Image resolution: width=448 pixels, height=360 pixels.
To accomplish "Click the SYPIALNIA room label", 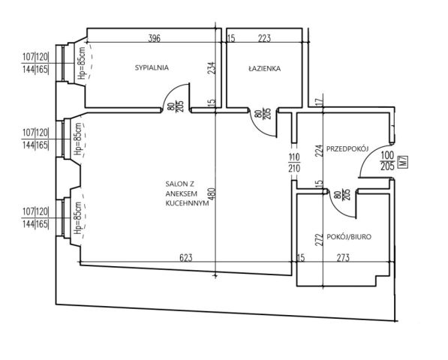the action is coord(152,67).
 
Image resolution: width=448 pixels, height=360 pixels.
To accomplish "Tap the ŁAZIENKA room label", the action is coord(265,68).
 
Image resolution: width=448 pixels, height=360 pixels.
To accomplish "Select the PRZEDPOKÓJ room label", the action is coord(347,148).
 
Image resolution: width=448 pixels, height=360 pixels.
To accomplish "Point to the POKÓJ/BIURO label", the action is coord(349,237).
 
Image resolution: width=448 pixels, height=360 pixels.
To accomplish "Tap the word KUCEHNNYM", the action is coord(187,203).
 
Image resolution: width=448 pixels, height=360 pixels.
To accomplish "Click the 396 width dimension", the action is coord(155,38).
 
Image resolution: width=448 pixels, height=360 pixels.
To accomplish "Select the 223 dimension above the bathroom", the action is coord(264,38).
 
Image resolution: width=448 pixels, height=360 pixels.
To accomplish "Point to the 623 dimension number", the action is coord(186,258).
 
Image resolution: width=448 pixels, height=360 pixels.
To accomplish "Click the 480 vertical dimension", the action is coord(212,193).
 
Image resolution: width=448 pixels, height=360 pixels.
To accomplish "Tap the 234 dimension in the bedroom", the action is coord(212,68).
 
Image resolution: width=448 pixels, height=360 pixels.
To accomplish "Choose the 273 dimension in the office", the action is coord(343,258).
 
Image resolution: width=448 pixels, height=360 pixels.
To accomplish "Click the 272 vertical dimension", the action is coord(320,240).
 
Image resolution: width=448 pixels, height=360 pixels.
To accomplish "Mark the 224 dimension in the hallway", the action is coord(320,150).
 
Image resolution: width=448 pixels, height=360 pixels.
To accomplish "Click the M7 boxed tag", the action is coord(404,163).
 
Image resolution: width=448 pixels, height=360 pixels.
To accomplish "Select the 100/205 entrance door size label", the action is coord(388,160).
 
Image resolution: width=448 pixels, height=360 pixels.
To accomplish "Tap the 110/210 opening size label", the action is coord(294,163).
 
